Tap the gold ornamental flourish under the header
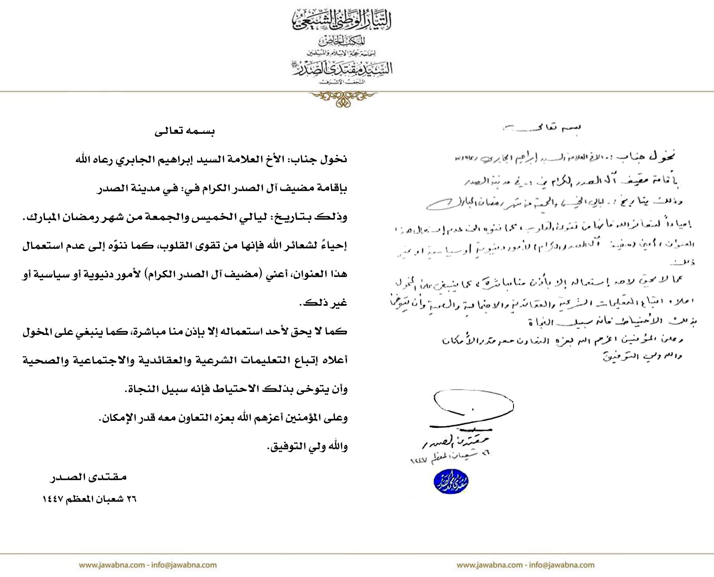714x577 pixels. click(x=342, y=98)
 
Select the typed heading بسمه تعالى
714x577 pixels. click(x=185, y=131)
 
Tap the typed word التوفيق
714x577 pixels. click(x=284, y=447)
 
